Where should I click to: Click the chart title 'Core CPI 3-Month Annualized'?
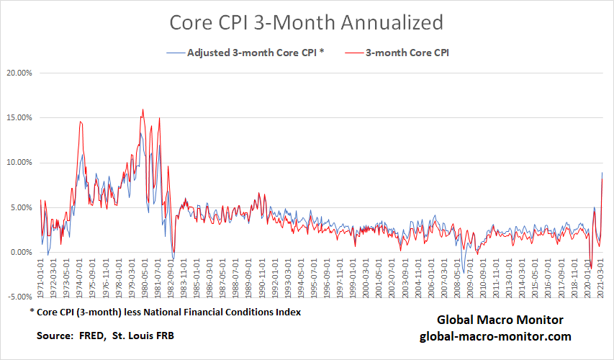click(x=306, y=22)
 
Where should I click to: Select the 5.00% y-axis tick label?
click(x=21, y=207)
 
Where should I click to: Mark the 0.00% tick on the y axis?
click(x=21, y=253)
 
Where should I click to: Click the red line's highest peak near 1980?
click(x=143, y=109)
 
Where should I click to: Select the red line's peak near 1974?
click(x=80, y=122)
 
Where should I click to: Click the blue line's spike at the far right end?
click(x=602, y=173)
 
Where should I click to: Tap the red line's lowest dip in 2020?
click(x=590, y=269)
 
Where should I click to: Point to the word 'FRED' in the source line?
click(x=88, y=336)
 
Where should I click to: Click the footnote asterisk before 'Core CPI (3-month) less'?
click(x=32, y=312)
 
